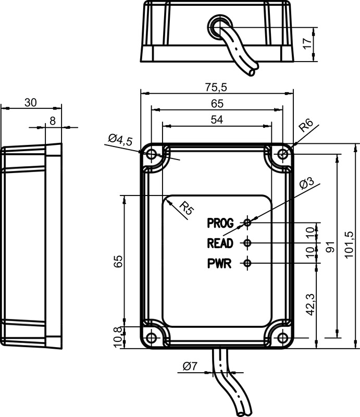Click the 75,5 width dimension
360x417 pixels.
tap(216, 87)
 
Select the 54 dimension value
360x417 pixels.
tap(217, 120)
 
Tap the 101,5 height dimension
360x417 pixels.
tap(349, 244)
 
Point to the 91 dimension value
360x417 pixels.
tap(330, 247)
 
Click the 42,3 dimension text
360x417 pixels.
tap(311, 304)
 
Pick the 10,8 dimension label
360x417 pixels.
tap(118, 337)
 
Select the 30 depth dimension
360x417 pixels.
tap(31, 102)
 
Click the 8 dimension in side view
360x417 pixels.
tap(53, 121)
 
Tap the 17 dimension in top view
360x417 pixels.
tap(307, 43)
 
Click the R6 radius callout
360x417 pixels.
tap(306, 126)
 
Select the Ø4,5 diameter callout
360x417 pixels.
tap(120, 140)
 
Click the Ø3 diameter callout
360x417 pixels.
tap(306, 184)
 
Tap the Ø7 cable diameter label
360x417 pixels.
tap(190, 366)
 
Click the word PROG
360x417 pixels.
tap(220, 223)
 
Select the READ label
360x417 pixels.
tap(220, 243)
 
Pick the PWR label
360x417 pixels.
tap(219, 264)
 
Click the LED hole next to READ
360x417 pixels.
tap(247, 242)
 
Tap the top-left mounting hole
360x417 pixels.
tap(152, 154)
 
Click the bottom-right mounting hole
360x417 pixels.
tap(282, 338)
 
